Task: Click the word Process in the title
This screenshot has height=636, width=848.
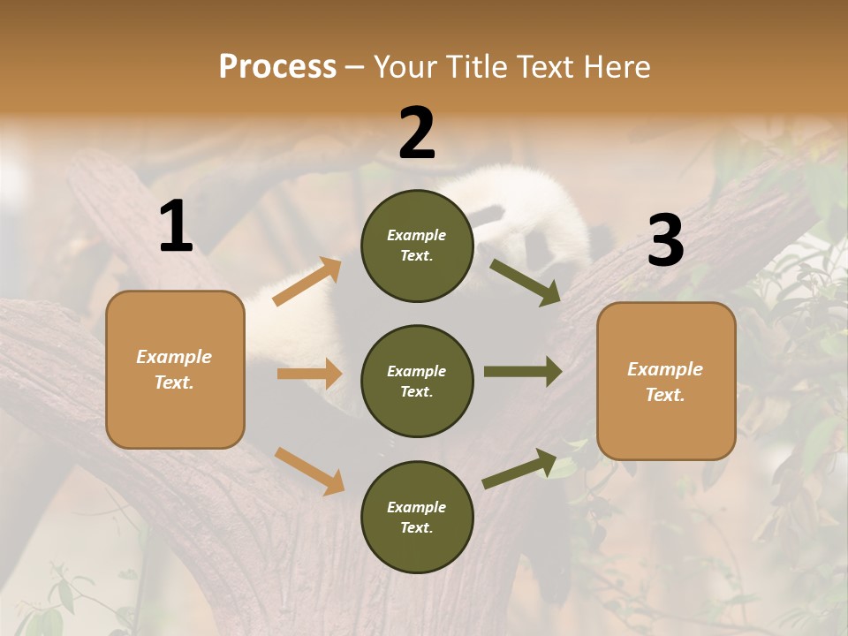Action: pos(277,66)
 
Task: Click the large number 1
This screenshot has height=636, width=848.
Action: pos(176,227)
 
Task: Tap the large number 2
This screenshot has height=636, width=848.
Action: pos(417,133)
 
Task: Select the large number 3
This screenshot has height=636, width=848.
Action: pos(665,240)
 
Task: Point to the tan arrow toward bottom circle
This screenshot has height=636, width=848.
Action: pos(309,471)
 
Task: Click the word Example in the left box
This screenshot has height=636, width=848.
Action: pos(174,357)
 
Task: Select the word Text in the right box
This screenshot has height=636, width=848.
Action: pos(664,395)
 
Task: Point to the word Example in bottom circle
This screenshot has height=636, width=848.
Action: pos(416,507)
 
